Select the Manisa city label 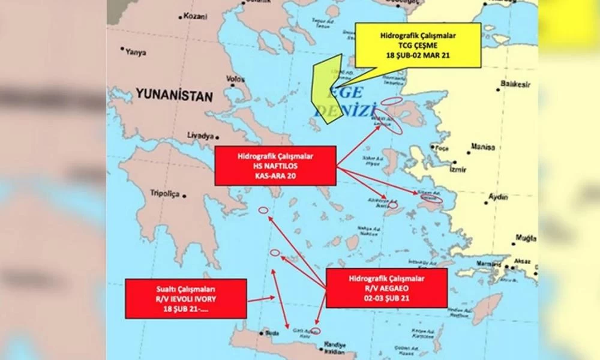click(484, 147)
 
